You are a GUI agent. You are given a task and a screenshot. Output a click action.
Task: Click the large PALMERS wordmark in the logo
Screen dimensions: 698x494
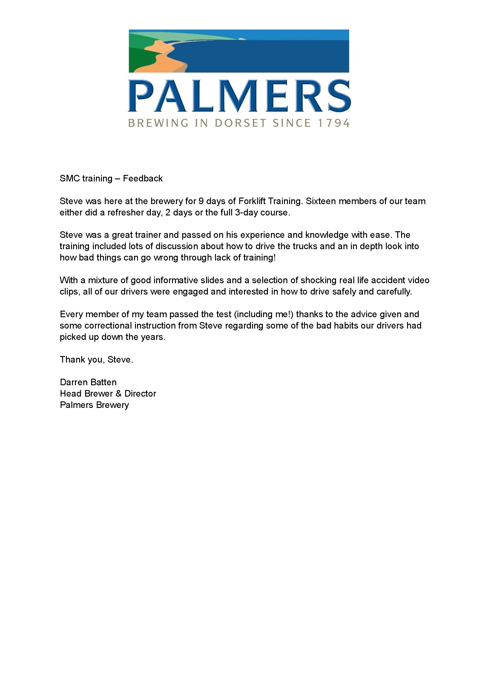click(239, 96)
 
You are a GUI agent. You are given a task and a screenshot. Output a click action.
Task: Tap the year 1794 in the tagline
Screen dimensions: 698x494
click(334, 123)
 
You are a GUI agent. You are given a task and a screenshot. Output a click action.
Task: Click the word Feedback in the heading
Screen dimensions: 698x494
click(143, 178)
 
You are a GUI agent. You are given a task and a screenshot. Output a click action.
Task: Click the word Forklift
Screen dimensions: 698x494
click(252, 201)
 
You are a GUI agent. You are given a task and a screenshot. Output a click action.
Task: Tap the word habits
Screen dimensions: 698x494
click(346, 326)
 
